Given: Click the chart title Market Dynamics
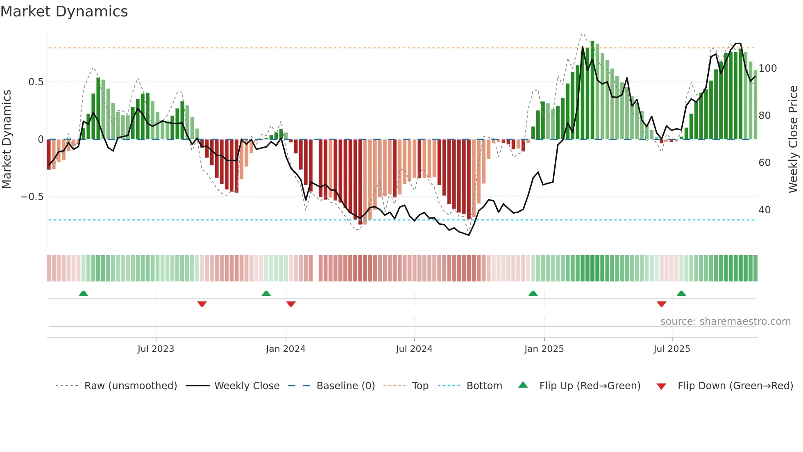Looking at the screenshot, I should (64, 11).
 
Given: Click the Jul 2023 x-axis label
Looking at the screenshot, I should (156, 349).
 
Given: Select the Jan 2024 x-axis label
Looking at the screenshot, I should (286, 349).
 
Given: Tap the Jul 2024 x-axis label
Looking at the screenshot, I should (414, 349).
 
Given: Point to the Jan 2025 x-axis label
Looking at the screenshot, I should (544, 349).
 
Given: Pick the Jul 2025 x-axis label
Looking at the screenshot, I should (672, 349).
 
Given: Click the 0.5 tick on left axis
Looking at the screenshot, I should (36, 82).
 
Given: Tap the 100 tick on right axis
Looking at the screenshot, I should (767, 68).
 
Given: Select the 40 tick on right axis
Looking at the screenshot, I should (764, 210).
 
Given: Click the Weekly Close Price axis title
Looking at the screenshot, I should (793, 139).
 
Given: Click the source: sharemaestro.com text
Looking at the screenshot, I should (725, 322).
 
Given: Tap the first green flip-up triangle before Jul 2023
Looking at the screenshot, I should (83, 293).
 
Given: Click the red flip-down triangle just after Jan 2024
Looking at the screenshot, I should (291, 304).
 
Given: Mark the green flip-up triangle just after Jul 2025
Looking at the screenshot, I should (681, 293).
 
